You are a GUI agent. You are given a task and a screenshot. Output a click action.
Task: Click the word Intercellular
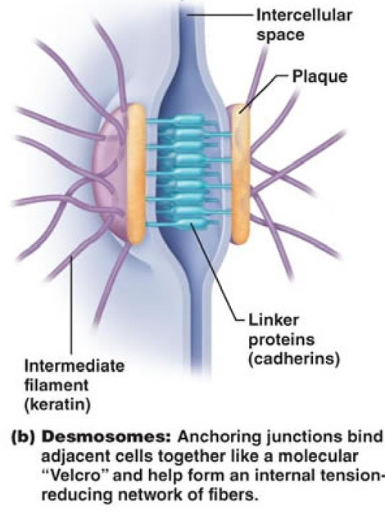tap(304, 16)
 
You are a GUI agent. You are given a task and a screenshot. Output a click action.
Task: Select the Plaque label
tap(319, 77)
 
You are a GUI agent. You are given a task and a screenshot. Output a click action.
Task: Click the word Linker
tap(274, 320)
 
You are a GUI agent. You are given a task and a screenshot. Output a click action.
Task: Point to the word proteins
tap(282, 341)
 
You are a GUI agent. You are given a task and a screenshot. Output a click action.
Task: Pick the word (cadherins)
tap(294, 359)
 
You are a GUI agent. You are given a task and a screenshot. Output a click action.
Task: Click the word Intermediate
tap(75, 366)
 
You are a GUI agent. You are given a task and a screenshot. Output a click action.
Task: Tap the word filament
tap(57, 386)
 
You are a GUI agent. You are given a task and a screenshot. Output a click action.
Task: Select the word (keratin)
tap(57, 405)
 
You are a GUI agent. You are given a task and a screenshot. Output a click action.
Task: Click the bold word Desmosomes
tap(106, 437)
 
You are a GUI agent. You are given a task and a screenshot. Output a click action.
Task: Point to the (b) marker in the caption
tap(24, 438)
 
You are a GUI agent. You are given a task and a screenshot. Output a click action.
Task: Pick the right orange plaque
tap(241, 174)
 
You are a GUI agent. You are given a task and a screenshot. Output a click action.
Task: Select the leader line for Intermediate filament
tap(71, 304)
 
